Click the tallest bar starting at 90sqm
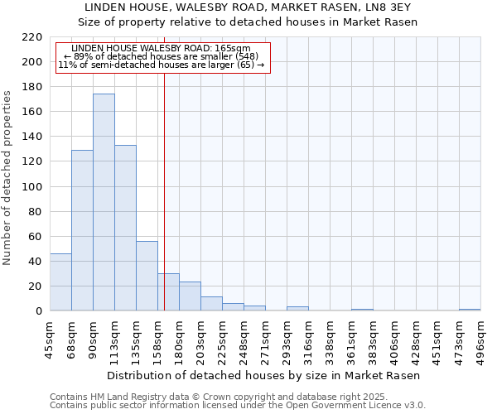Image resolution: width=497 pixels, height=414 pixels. (104, 203)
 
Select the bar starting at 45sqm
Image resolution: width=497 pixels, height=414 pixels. (60, 282)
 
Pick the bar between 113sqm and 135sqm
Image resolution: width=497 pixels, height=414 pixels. (125, 228)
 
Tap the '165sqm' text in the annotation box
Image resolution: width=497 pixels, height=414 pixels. (232, 49)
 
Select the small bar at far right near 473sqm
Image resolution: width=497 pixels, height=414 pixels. (470, 310)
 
